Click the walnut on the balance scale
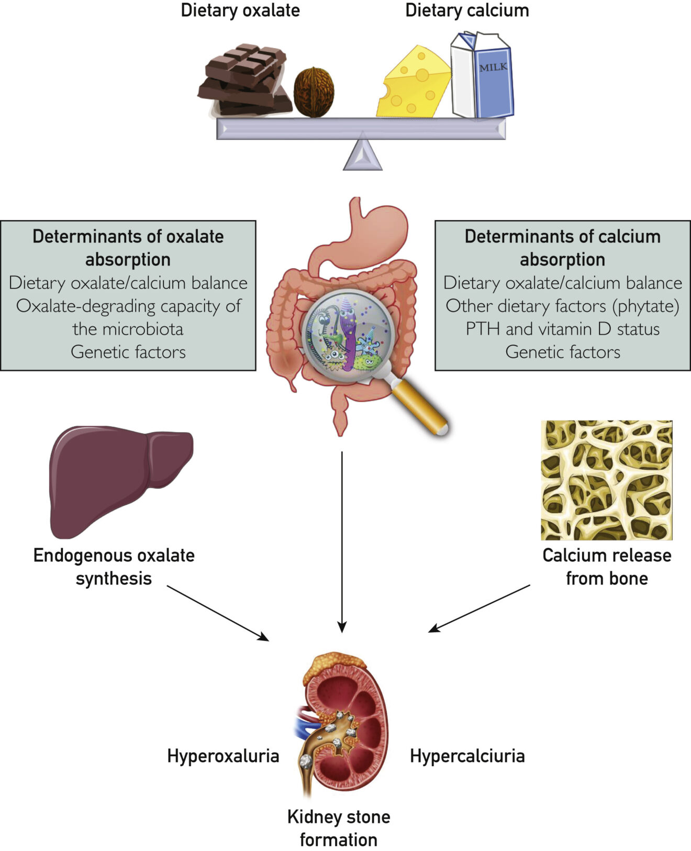point(314,92)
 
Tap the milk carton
point(482,76)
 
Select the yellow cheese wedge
point(414,84)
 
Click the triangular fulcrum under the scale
point(362,154)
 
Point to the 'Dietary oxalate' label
point(240,10)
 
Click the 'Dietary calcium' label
point(467,10)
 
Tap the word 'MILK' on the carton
point(493,67)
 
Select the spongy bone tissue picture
point(606,480)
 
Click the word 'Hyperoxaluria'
point(223,756)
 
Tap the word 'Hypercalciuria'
point(467,756)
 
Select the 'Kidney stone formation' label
point(339,828)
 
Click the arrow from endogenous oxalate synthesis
point(217,613)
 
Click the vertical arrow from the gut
point(342,539)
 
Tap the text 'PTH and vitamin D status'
point(562,329)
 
